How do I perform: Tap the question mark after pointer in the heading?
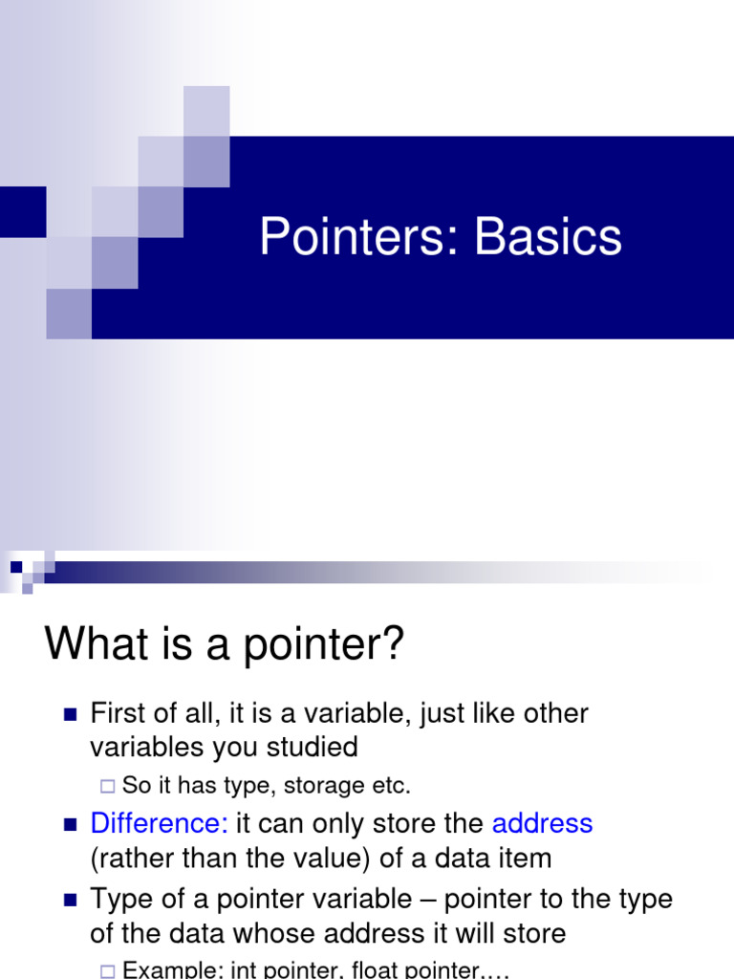pyautogui.click(x=394, y=645)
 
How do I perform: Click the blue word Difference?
pyautogui.click(x=159, y=823)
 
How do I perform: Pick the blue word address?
pyautogui.click(x=542, y=823)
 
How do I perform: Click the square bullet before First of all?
pyautogui.click(x=69, y=714)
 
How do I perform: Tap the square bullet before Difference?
pyautogui.click(x=69, y=824)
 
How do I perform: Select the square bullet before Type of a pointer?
pyautogui.click(x=69, y=900)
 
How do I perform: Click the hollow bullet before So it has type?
pyautogui.click(x=106, y=786)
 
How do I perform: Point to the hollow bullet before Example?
pyautogui.click(x=106, y=970)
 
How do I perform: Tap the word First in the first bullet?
pyautogui.click(x=119, y=713)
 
